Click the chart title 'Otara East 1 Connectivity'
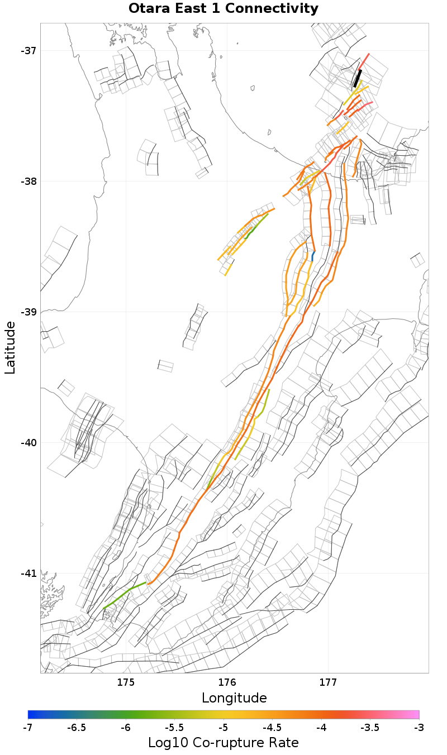[223, 8]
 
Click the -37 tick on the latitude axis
[28, 51]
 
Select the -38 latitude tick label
[28, 181]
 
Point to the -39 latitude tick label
[28, 312]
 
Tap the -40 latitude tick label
[28, 443]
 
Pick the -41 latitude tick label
[28, 574]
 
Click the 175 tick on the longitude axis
[126, 682]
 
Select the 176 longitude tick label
[227, 682]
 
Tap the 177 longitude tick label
[328, 682]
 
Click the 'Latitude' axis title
[10, 347]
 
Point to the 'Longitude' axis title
[234, 697]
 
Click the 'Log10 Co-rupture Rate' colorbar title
[223, 743]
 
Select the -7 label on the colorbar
[28, 728]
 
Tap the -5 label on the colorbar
[223, 728]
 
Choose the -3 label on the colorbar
[419, 728]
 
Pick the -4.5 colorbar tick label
[272, 728]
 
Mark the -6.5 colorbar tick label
[77, 728]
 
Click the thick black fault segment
[358, 78]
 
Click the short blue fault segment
[313, 256]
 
